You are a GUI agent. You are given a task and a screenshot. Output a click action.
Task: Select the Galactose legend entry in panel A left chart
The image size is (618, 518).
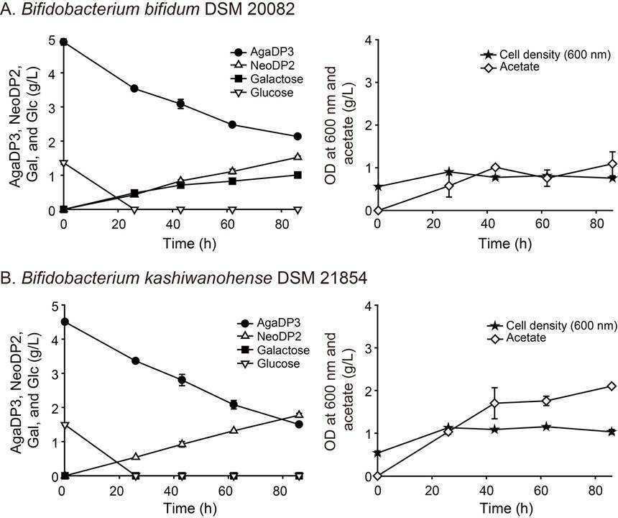(267, 79)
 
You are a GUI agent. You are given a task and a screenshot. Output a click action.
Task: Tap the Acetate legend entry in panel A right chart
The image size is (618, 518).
(510, 67)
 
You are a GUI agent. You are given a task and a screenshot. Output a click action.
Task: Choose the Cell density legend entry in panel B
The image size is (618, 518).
(552, 325)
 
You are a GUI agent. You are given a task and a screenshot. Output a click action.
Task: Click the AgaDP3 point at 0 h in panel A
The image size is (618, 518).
(63, 42)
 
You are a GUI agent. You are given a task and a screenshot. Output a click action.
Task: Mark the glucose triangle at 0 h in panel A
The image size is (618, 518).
(63, 163)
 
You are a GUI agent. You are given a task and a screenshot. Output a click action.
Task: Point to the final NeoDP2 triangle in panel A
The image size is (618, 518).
(298, 157)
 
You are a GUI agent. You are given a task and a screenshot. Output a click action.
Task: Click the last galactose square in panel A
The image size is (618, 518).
(298, 175)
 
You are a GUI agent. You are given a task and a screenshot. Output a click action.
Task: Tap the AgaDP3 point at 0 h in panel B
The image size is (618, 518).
(65, 322)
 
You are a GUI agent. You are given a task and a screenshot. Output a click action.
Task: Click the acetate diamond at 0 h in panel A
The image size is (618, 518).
(378, 210)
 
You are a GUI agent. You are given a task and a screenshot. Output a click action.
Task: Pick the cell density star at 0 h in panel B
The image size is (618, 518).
(377, 453)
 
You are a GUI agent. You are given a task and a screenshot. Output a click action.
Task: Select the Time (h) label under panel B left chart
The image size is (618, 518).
(190, 508)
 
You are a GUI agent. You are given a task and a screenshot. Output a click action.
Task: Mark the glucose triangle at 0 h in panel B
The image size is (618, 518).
(65, 425)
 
